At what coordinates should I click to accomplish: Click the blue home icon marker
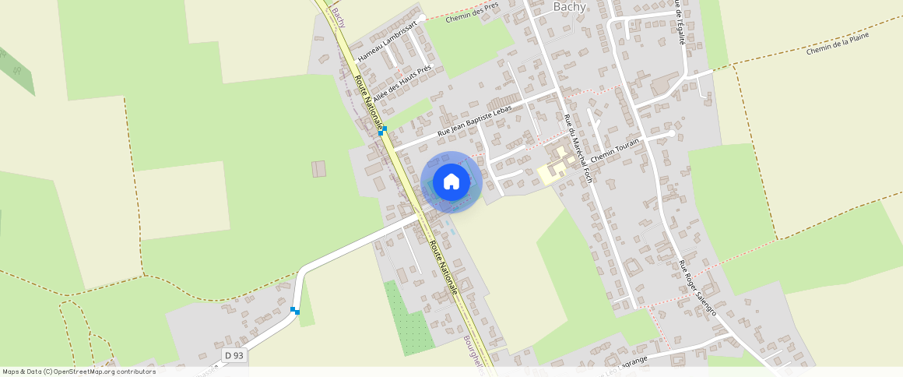pos(451,182)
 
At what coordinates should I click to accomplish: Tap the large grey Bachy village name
pos(570,7)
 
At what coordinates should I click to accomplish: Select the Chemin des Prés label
pos(472,12)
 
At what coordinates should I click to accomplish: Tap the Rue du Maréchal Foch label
pos(578,148)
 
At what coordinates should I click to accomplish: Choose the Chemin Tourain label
pos(615,150)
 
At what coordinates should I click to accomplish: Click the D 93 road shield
pos(234,355)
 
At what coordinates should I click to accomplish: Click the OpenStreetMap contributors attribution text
pos(79,372)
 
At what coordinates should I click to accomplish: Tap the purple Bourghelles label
pos(473,355)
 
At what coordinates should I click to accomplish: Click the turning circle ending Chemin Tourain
pos(671,133)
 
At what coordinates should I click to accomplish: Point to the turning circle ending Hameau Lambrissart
pos(422,17)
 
